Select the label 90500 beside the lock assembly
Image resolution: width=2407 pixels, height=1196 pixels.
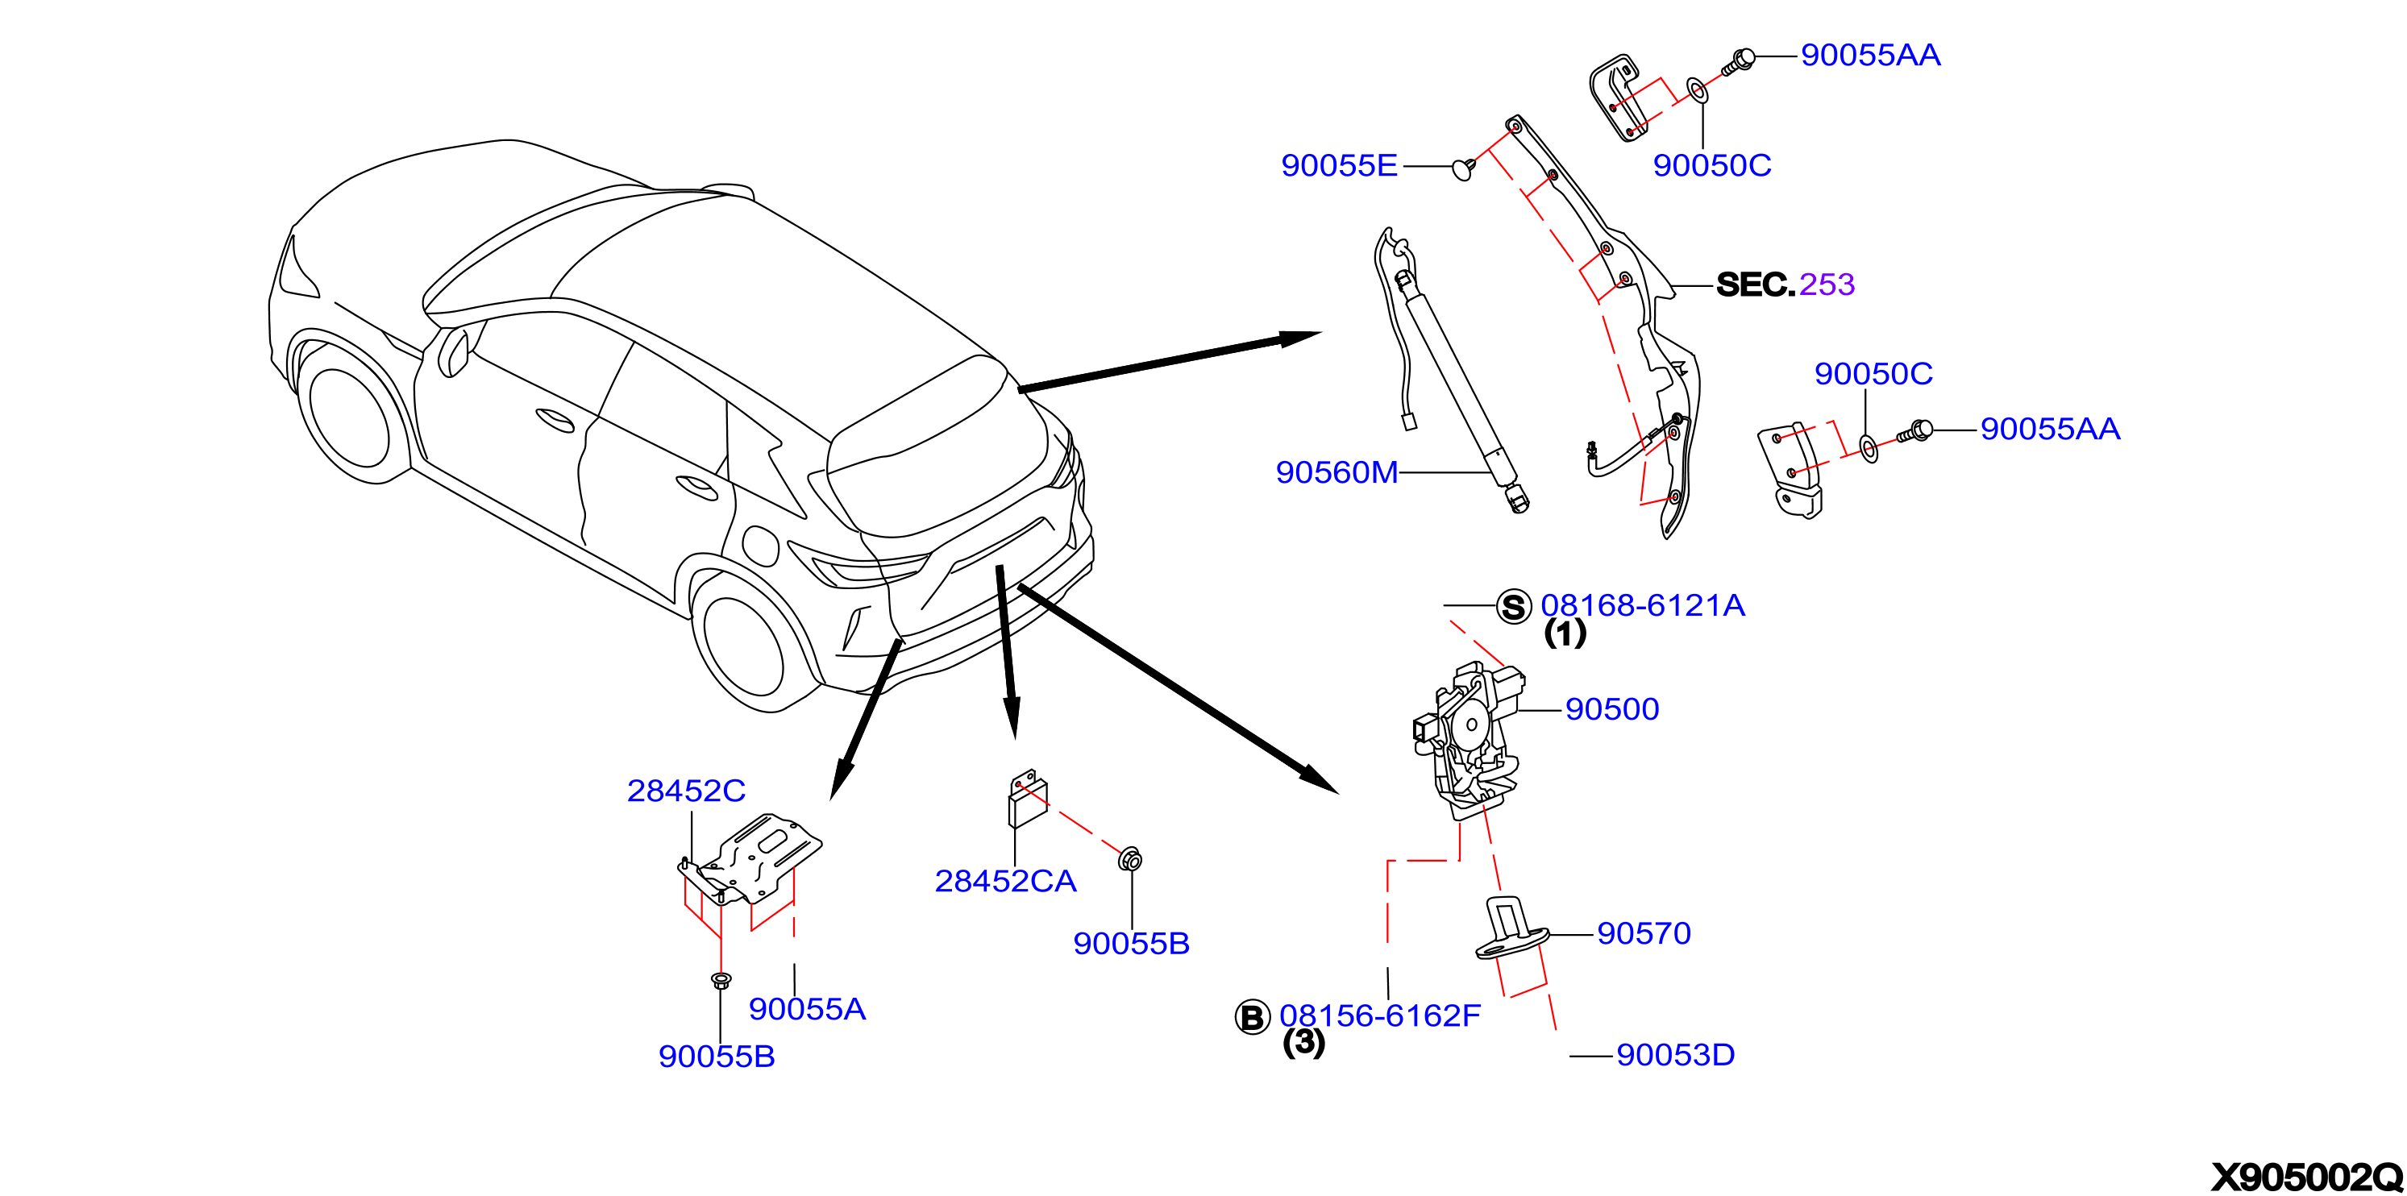point(1612,708)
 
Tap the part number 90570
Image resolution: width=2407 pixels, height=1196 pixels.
point(1644,932)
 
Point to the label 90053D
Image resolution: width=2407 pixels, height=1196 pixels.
point(1675,1054)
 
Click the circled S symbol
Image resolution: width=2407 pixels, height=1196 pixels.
point(1514,606)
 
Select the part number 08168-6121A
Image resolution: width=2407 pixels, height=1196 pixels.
point(1643,604)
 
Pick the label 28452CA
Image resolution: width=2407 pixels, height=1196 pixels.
point(1005,880)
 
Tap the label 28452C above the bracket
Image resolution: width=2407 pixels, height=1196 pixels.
point(686,791)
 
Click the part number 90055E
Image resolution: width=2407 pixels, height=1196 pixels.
point(1339,164)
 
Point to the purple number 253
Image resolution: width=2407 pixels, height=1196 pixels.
point(1827,283)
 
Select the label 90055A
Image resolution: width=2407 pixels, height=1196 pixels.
point(808,1008)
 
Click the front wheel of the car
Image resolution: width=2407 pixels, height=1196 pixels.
point(348,417)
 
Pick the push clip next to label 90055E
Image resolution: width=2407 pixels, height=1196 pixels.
point(1463,168)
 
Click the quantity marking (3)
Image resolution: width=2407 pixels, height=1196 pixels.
point(1303,1042)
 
